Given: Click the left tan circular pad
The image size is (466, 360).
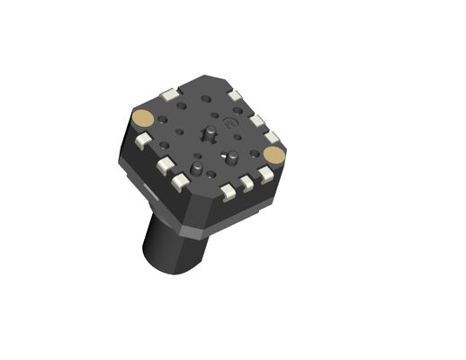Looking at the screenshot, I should (141, 118).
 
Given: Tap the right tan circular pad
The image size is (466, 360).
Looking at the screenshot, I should (274, 154).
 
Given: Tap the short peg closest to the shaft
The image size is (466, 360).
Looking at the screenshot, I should (196, 170).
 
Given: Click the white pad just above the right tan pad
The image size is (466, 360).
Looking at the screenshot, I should (271, 138).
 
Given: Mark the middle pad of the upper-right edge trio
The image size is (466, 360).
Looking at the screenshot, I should (256, 120).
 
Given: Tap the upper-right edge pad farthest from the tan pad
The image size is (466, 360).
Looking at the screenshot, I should (235, 94).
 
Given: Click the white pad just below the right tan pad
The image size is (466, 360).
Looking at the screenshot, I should (265, 174).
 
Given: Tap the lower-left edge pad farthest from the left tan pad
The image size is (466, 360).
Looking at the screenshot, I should (180, 183).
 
